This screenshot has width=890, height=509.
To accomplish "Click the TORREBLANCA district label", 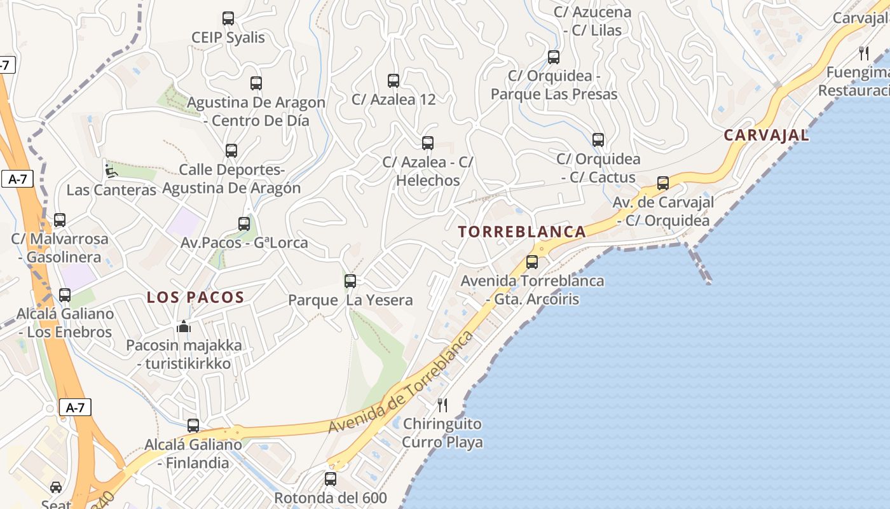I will point(522,232).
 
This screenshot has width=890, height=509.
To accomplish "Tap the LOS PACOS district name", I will point(195,298).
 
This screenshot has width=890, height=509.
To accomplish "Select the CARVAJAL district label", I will point(766,136).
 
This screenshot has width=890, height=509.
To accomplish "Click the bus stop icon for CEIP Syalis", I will point(228,18).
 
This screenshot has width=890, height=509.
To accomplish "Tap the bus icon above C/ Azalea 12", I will point(394,81).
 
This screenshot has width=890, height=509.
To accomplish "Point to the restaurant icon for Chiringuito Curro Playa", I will point(442,405).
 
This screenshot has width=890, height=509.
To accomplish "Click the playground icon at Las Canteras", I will point(111,171).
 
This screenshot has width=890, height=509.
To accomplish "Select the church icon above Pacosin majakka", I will point(184,327).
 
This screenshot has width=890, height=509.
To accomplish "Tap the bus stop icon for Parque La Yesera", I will point(350,281).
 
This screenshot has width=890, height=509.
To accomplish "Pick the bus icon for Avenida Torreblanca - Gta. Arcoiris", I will point(532,262).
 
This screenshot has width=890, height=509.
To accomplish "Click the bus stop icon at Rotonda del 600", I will point(331,479).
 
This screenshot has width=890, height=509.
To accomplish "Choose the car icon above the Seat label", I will point(56,487).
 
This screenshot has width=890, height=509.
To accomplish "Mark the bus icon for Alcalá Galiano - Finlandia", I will point(193,426).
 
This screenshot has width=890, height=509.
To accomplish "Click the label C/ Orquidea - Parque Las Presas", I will point(554,85).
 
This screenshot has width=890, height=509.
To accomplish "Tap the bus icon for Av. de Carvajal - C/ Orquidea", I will point(663,184).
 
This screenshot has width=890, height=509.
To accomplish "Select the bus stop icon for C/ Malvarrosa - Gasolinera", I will point(60,220).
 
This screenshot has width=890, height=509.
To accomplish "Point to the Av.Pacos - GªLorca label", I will point(244,242).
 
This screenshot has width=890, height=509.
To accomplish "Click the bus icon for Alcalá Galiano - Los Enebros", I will point(65,295).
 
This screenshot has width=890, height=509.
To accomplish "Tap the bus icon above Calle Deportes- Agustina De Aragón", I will point(231,151).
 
